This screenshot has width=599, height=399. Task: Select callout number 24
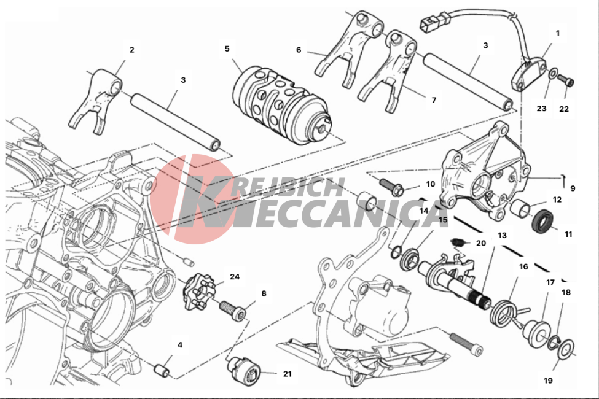(x=235, y=276)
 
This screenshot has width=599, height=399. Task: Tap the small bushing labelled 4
(x=162, y=370)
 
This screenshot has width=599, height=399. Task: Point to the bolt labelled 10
(x=392, y=186)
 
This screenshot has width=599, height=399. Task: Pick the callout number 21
(x=288, y=374)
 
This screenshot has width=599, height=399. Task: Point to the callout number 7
(x=434, y=100)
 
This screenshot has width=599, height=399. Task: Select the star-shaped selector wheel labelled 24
(x=197, y=292)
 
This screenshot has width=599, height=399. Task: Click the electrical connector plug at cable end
(x=435, y=21)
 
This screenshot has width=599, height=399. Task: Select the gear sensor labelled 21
(x=244, y=369)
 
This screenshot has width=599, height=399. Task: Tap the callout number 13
(x=502, y=235)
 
